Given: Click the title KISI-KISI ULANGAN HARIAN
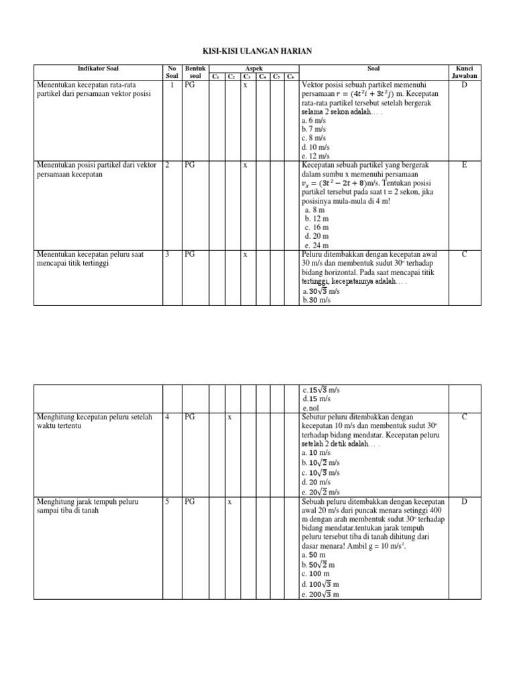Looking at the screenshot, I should pos(257,51).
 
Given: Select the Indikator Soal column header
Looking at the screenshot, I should pos(98,68).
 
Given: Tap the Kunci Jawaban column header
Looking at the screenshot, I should pos(464,72).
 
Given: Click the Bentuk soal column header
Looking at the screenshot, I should pos(195,72).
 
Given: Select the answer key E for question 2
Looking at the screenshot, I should pos(464,164).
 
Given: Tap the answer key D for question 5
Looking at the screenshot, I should pos(464,502).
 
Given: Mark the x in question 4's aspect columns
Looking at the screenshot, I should pos(229,417).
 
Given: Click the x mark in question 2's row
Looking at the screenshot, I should pos(245,164).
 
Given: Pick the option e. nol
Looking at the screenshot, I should pos(310,408).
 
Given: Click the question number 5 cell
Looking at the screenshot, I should pos(168,502).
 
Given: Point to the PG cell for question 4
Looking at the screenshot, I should pos(190,417).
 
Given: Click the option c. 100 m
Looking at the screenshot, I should pos(317,574).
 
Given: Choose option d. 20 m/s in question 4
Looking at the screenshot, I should pos(317,482).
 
